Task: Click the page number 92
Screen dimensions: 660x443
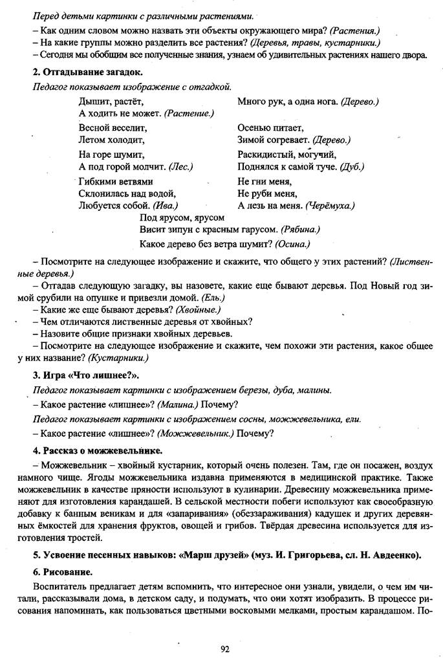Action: pyautogui.click(x=224, y=649)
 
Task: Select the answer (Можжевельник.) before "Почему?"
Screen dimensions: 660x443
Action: pyautogui.click(x=196, y=434)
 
